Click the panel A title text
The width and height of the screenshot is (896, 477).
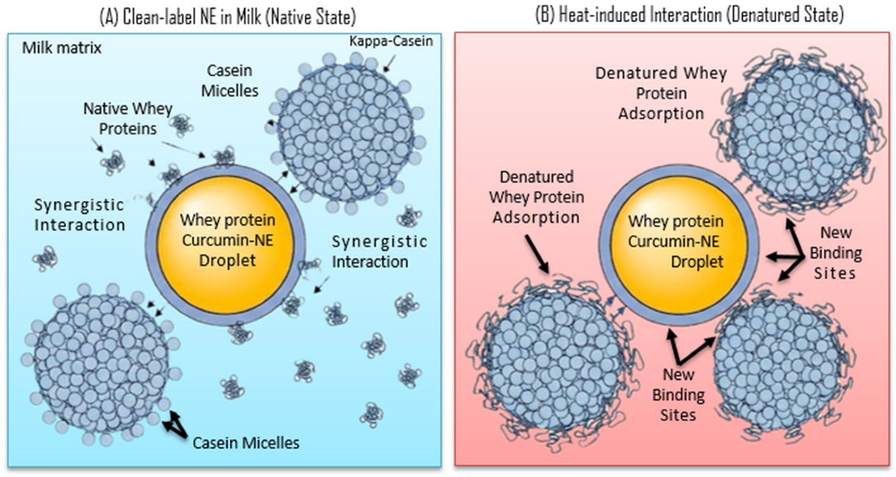pos(228,17)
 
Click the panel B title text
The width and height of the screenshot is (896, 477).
pos(689,15)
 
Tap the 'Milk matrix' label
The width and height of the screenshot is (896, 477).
pos(61,48)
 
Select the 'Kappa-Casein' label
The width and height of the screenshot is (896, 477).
pos(391,41)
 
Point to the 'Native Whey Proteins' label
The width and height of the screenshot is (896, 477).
pos(128,118)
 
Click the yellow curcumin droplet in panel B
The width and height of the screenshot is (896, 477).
pos(676,241)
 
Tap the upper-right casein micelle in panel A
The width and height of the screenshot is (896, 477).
pos(346,132)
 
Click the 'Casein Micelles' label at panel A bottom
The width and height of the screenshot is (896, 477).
pos(245,443)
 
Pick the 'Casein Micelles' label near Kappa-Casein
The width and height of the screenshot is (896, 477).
pos(230,80)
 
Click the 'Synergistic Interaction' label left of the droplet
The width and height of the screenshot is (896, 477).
pos(79,215)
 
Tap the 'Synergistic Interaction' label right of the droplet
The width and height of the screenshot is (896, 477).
pos(379,251)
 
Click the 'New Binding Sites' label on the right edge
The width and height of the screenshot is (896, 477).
pos(835,252)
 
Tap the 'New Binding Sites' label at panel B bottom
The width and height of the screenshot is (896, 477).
pos(678,395)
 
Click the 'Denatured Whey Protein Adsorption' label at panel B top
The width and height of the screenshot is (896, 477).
pos(661,93)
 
